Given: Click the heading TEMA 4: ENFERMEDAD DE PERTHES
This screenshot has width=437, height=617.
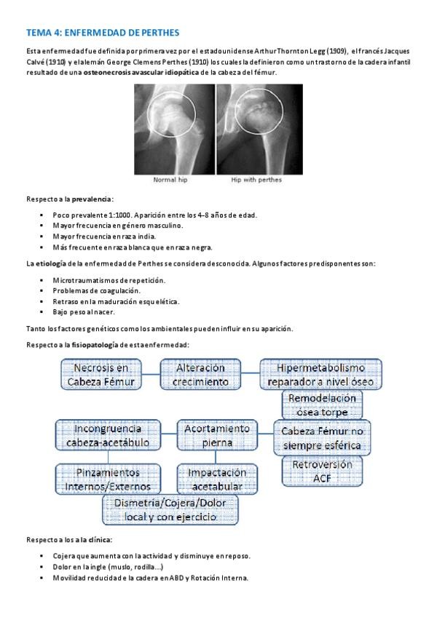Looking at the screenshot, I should [102, 33].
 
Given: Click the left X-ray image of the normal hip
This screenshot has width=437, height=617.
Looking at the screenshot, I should [174, 129].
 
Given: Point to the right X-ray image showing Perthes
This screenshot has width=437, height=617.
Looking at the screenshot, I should [260, 129].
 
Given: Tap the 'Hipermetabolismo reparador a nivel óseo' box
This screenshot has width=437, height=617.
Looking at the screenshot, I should [320, 374].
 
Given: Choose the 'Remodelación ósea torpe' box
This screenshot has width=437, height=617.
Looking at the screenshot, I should [322, 405].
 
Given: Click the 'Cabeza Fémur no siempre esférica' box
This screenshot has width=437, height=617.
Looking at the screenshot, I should [322, 436].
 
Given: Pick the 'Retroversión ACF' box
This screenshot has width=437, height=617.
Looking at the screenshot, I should [322, 471].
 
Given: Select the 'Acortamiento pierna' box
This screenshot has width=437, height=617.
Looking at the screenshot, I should [218, 435].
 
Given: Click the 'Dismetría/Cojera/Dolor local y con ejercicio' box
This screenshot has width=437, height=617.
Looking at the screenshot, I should [170, 509].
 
